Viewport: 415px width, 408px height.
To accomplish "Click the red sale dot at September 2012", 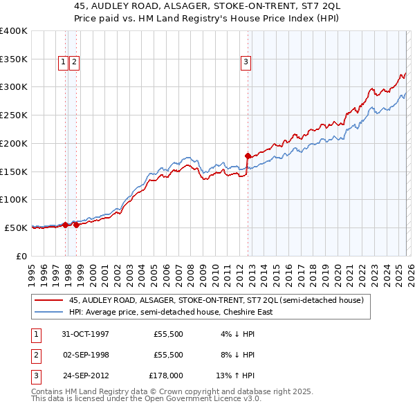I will [x=248, y=156].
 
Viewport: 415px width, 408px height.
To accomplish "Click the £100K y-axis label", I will [x=14, y=199].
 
